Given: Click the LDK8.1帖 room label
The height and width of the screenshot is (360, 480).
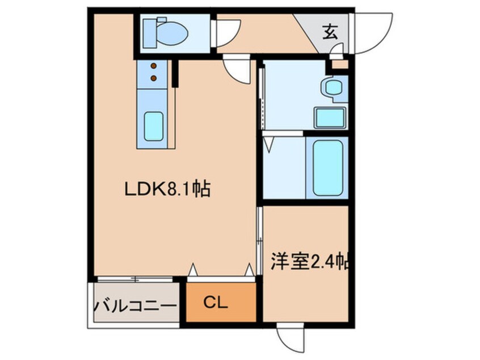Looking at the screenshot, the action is point(167,190).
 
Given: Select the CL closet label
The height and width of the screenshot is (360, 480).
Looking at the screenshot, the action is point(216,303).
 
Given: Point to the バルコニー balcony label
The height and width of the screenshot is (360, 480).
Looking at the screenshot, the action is point(136,305).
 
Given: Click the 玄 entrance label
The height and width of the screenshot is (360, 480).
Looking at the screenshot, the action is point(330,32).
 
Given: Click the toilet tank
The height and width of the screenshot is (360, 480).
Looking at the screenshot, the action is point(150,33).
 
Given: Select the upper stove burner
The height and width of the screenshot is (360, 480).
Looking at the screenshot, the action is point(154,65).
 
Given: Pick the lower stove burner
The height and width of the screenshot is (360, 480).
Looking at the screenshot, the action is point(154,78).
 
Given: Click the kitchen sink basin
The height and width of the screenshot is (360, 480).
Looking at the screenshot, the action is point(154,126).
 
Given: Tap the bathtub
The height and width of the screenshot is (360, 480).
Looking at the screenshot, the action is point(327,168).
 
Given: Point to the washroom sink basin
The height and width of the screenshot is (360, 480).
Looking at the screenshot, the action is point(334,88).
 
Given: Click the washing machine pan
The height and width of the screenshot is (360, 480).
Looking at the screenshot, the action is point(330,118).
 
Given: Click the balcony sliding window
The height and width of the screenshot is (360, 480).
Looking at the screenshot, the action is point(135,279).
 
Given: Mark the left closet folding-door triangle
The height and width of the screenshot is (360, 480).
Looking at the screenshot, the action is point(192,270).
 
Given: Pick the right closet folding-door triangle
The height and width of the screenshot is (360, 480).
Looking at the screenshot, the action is point(250,270).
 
